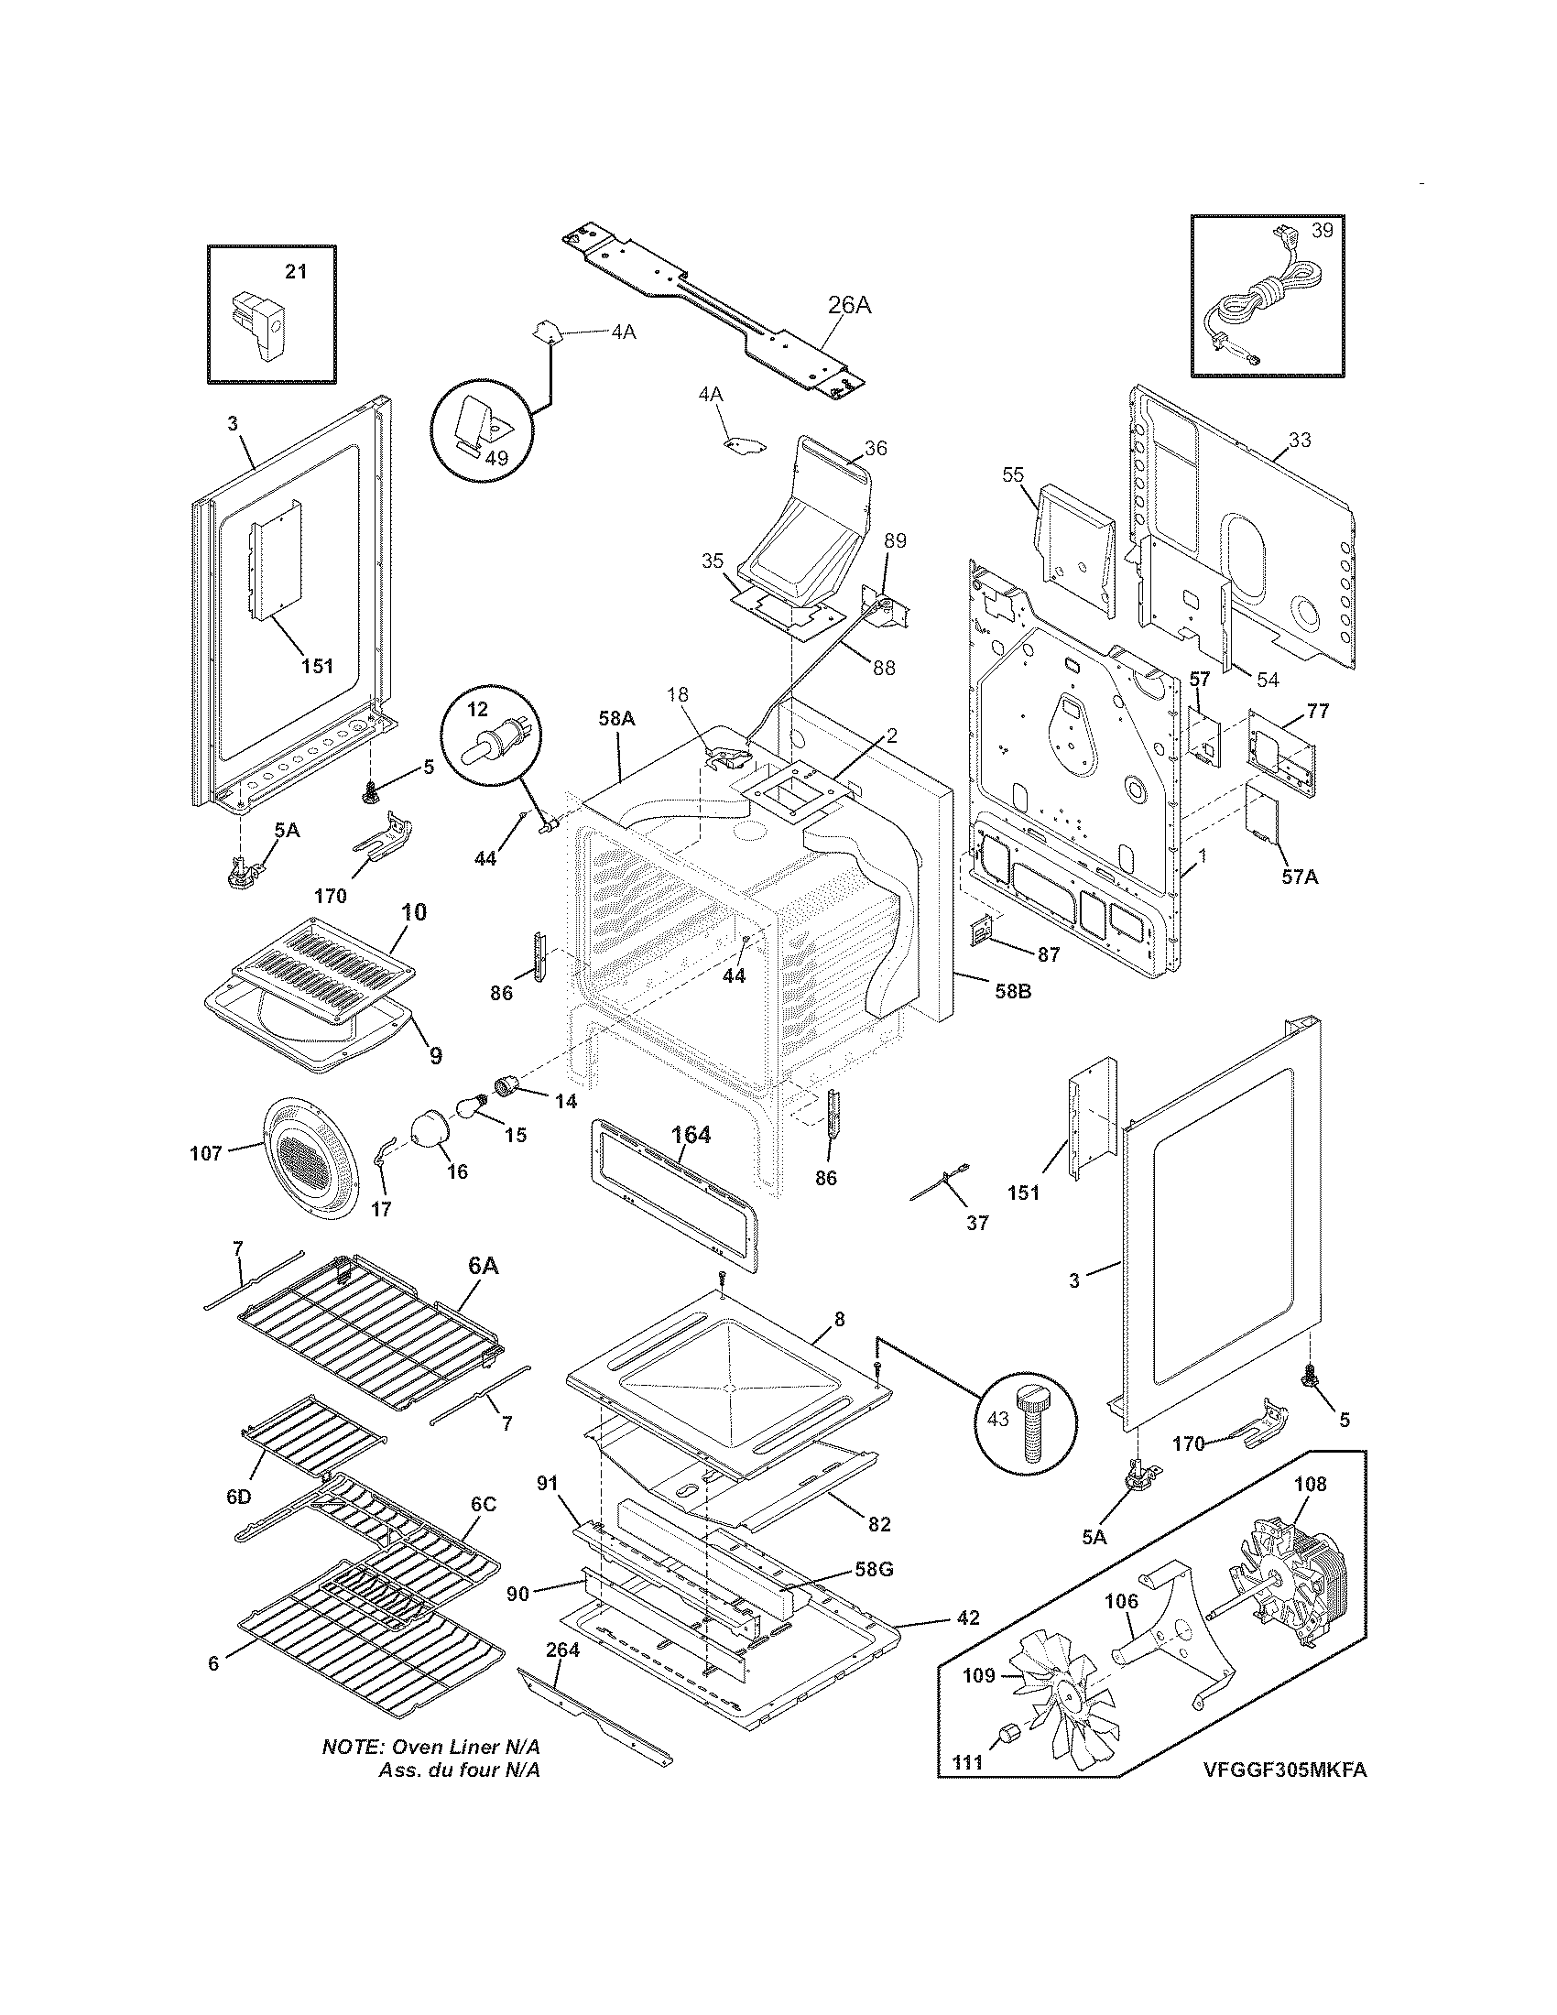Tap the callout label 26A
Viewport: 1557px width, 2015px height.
[x=849, y=304]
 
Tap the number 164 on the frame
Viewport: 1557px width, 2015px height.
[x=691, y=1136]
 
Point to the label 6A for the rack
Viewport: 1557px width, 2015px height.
[x=484, y=1266]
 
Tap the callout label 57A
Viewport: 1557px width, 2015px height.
[x=1299, y=877]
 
